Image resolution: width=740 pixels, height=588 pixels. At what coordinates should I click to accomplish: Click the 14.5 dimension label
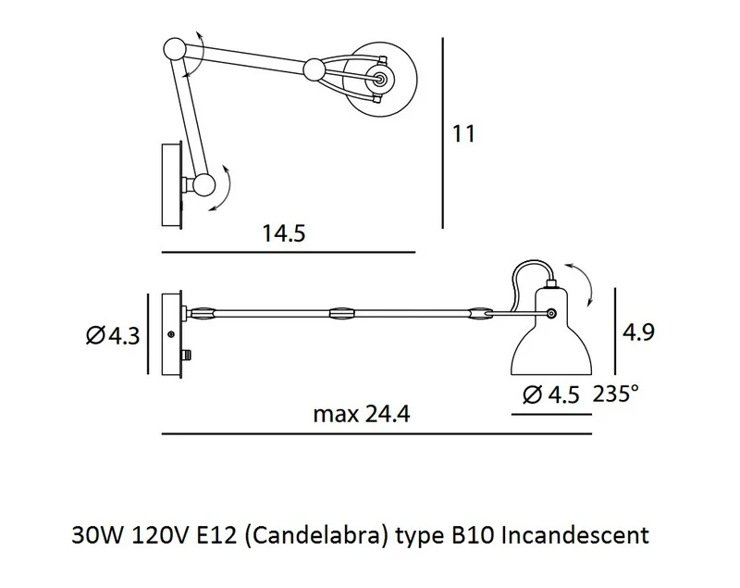tap(284, 233)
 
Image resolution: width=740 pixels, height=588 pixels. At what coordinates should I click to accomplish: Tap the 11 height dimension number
tap(463, 133)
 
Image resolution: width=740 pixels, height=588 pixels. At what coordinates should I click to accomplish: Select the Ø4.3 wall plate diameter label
tap(113, 336)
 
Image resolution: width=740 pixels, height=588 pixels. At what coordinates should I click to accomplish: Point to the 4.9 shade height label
tap(638, 332)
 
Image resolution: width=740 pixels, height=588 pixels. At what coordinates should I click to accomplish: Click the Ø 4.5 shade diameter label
tap(550, 394)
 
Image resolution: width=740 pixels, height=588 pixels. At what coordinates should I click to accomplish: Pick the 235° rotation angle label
tap(616, 393)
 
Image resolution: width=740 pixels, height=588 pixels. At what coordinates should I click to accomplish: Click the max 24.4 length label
tap(362, 414)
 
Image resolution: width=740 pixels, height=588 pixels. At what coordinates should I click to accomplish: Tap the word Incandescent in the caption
tap(574, 535)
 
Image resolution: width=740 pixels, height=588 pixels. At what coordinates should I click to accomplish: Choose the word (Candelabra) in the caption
tap(316, 536)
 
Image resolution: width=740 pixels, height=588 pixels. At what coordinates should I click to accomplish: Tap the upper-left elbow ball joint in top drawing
tap(176, 49)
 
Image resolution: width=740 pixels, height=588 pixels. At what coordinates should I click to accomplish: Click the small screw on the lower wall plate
tap(171, 334)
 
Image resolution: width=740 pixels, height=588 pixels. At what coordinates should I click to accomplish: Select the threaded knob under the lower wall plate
tap(189, 355)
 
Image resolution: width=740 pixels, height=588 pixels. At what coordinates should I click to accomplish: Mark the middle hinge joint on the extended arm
tap(342, 314)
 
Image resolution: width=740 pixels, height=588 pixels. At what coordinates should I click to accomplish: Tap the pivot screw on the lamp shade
tap(550, 313)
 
